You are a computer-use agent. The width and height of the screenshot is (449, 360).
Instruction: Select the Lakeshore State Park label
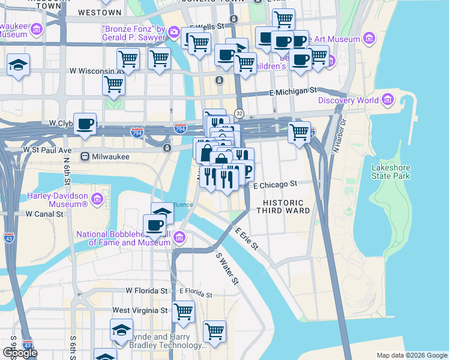point(391,172)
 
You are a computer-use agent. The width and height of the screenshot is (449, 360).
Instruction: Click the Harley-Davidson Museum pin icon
point(97,197)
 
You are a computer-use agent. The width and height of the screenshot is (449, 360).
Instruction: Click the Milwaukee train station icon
point(85,157)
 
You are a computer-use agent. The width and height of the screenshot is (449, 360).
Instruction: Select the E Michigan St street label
point(292,90)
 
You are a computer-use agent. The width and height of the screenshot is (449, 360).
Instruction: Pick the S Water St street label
point(227,268)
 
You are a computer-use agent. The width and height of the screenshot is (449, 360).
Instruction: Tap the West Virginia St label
point(140,310)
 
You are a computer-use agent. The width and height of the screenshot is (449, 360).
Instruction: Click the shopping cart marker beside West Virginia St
point(184,311)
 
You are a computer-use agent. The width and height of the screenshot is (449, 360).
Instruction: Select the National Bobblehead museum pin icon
point(179,238)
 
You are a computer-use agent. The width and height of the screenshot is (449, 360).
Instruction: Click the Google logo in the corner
point(20,353)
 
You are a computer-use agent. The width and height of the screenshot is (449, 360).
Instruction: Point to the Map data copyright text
point(411,355)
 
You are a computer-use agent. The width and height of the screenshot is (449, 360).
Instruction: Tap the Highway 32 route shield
point(239,113)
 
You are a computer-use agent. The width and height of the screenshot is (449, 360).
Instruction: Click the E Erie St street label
point(246,238)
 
